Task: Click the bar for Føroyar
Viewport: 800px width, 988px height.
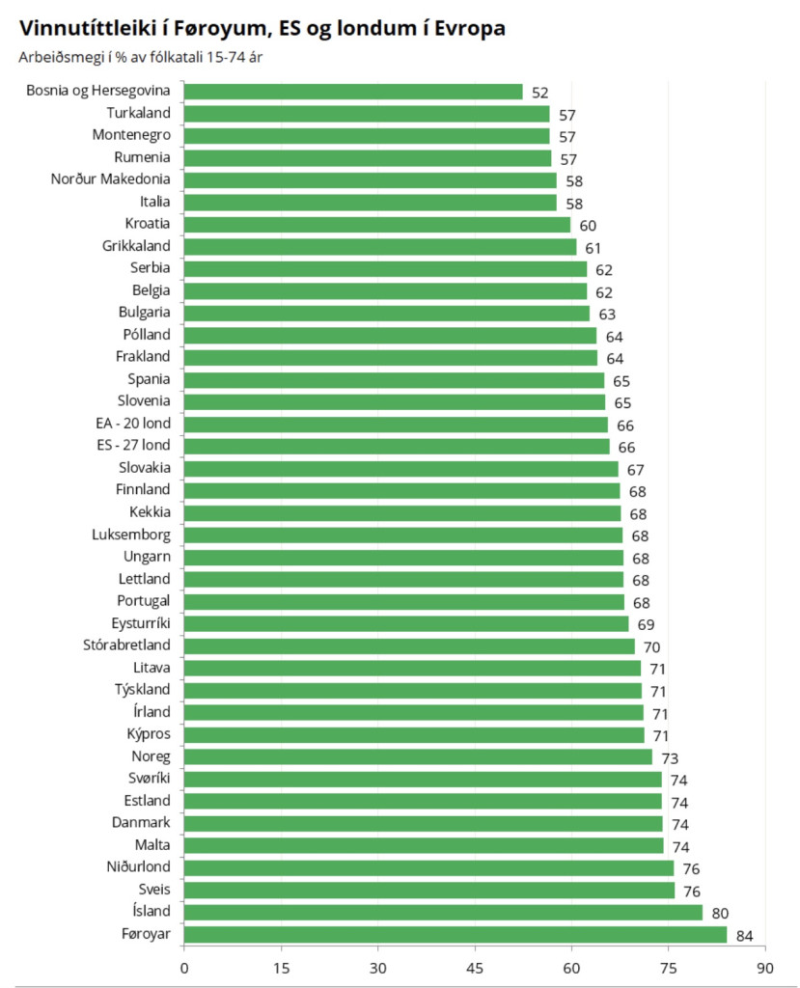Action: (x=455, y=934)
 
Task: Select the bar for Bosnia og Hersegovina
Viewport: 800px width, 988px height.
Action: (x=352, y=92)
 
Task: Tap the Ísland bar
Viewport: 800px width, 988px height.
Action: (x=443, y=912)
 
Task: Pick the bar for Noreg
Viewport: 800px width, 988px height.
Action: (x=418, y=756)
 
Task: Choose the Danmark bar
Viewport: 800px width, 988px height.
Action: (x=423, y=823)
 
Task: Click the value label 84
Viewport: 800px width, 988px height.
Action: (x=744, y=935)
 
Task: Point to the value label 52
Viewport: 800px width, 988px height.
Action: (x=539, y=93)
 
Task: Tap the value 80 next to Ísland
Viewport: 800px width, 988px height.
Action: (x=719, y=913)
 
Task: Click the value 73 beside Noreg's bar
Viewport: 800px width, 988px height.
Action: (x=669, y=757)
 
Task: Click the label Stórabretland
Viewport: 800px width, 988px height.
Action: (x=126, y=645)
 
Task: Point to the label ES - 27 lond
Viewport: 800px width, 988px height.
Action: (x=128, y=446)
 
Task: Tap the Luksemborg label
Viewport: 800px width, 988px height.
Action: (x=131, y=535)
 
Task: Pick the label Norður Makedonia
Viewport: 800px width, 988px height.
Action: (x=111, y=179)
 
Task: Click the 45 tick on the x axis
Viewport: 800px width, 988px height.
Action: (x=475, y=967)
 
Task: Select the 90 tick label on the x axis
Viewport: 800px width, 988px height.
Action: (x=764, y=967)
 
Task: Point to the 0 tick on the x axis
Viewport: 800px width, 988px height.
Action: (x=184, y=967)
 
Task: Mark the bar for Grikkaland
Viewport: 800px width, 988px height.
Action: (x=379, y=247)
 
